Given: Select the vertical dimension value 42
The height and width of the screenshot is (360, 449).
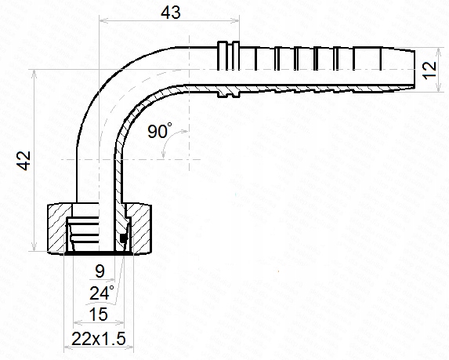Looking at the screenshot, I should click(24, 161).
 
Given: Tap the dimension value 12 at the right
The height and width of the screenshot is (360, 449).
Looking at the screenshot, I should click(428, 71).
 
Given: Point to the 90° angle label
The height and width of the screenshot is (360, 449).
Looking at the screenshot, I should click(159, 132).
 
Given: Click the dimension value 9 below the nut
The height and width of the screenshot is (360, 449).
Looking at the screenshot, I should click(100, 272).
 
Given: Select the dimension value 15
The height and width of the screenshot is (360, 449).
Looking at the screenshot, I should click(99, 315).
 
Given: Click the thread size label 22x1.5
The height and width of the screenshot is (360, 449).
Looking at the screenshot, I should click(99, 339).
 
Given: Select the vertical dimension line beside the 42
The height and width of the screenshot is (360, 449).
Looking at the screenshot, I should click(34, 161).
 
